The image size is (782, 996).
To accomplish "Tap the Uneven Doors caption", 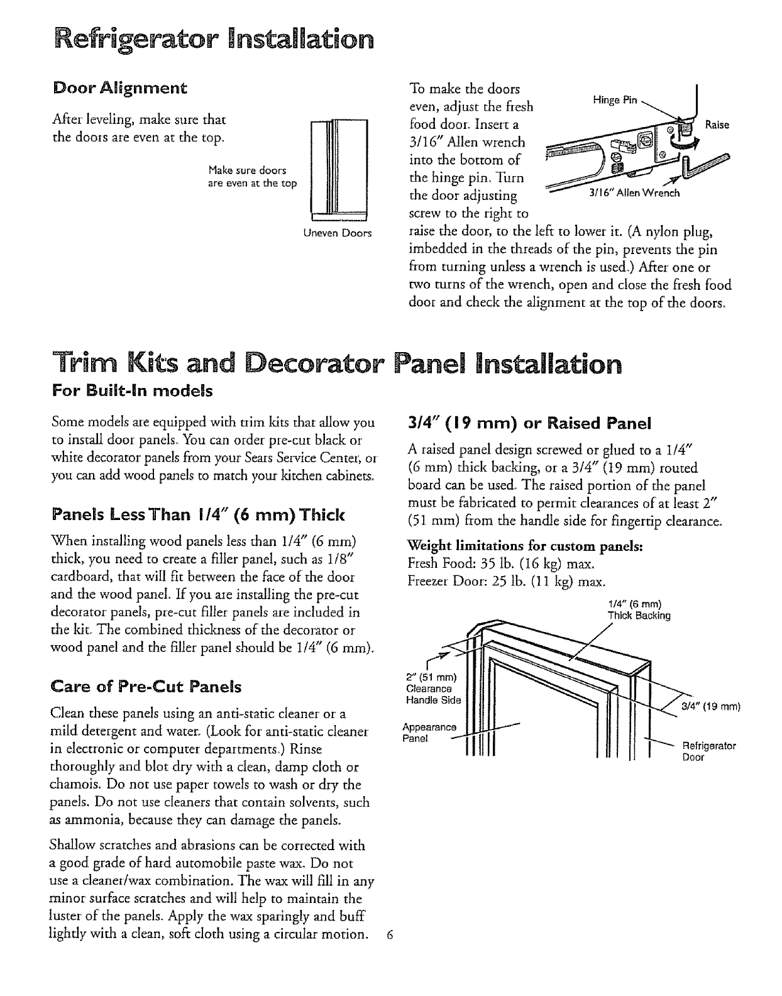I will coord(337,234).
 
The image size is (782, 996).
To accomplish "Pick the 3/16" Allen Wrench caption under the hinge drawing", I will coord(634,193).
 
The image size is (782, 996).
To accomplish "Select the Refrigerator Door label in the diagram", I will coord(708,751).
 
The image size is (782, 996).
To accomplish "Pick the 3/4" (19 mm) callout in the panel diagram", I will coord(711,704).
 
